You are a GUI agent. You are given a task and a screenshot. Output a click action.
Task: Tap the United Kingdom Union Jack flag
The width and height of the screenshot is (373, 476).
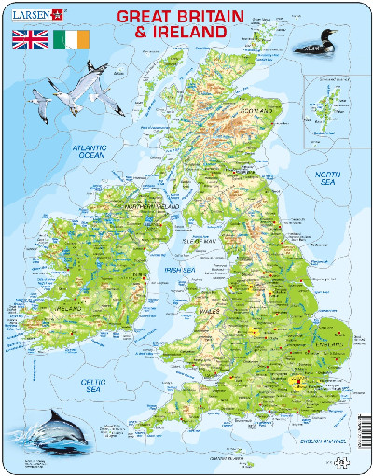pyautogui.click(x=29, y=40)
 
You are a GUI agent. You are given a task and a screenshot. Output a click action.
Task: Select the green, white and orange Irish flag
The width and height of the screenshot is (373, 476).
pyautogui.click(x=73, y=40)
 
